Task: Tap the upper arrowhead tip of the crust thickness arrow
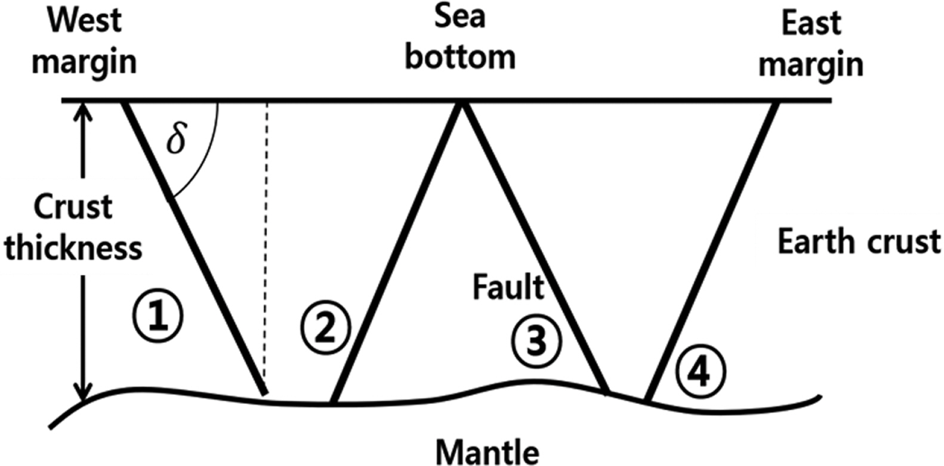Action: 83,104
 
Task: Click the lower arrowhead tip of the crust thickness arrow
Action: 83,400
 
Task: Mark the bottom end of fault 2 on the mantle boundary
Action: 333,402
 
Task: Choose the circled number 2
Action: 325,327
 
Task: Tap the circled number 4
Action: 701,372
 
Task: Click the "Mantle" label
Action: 488,452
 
